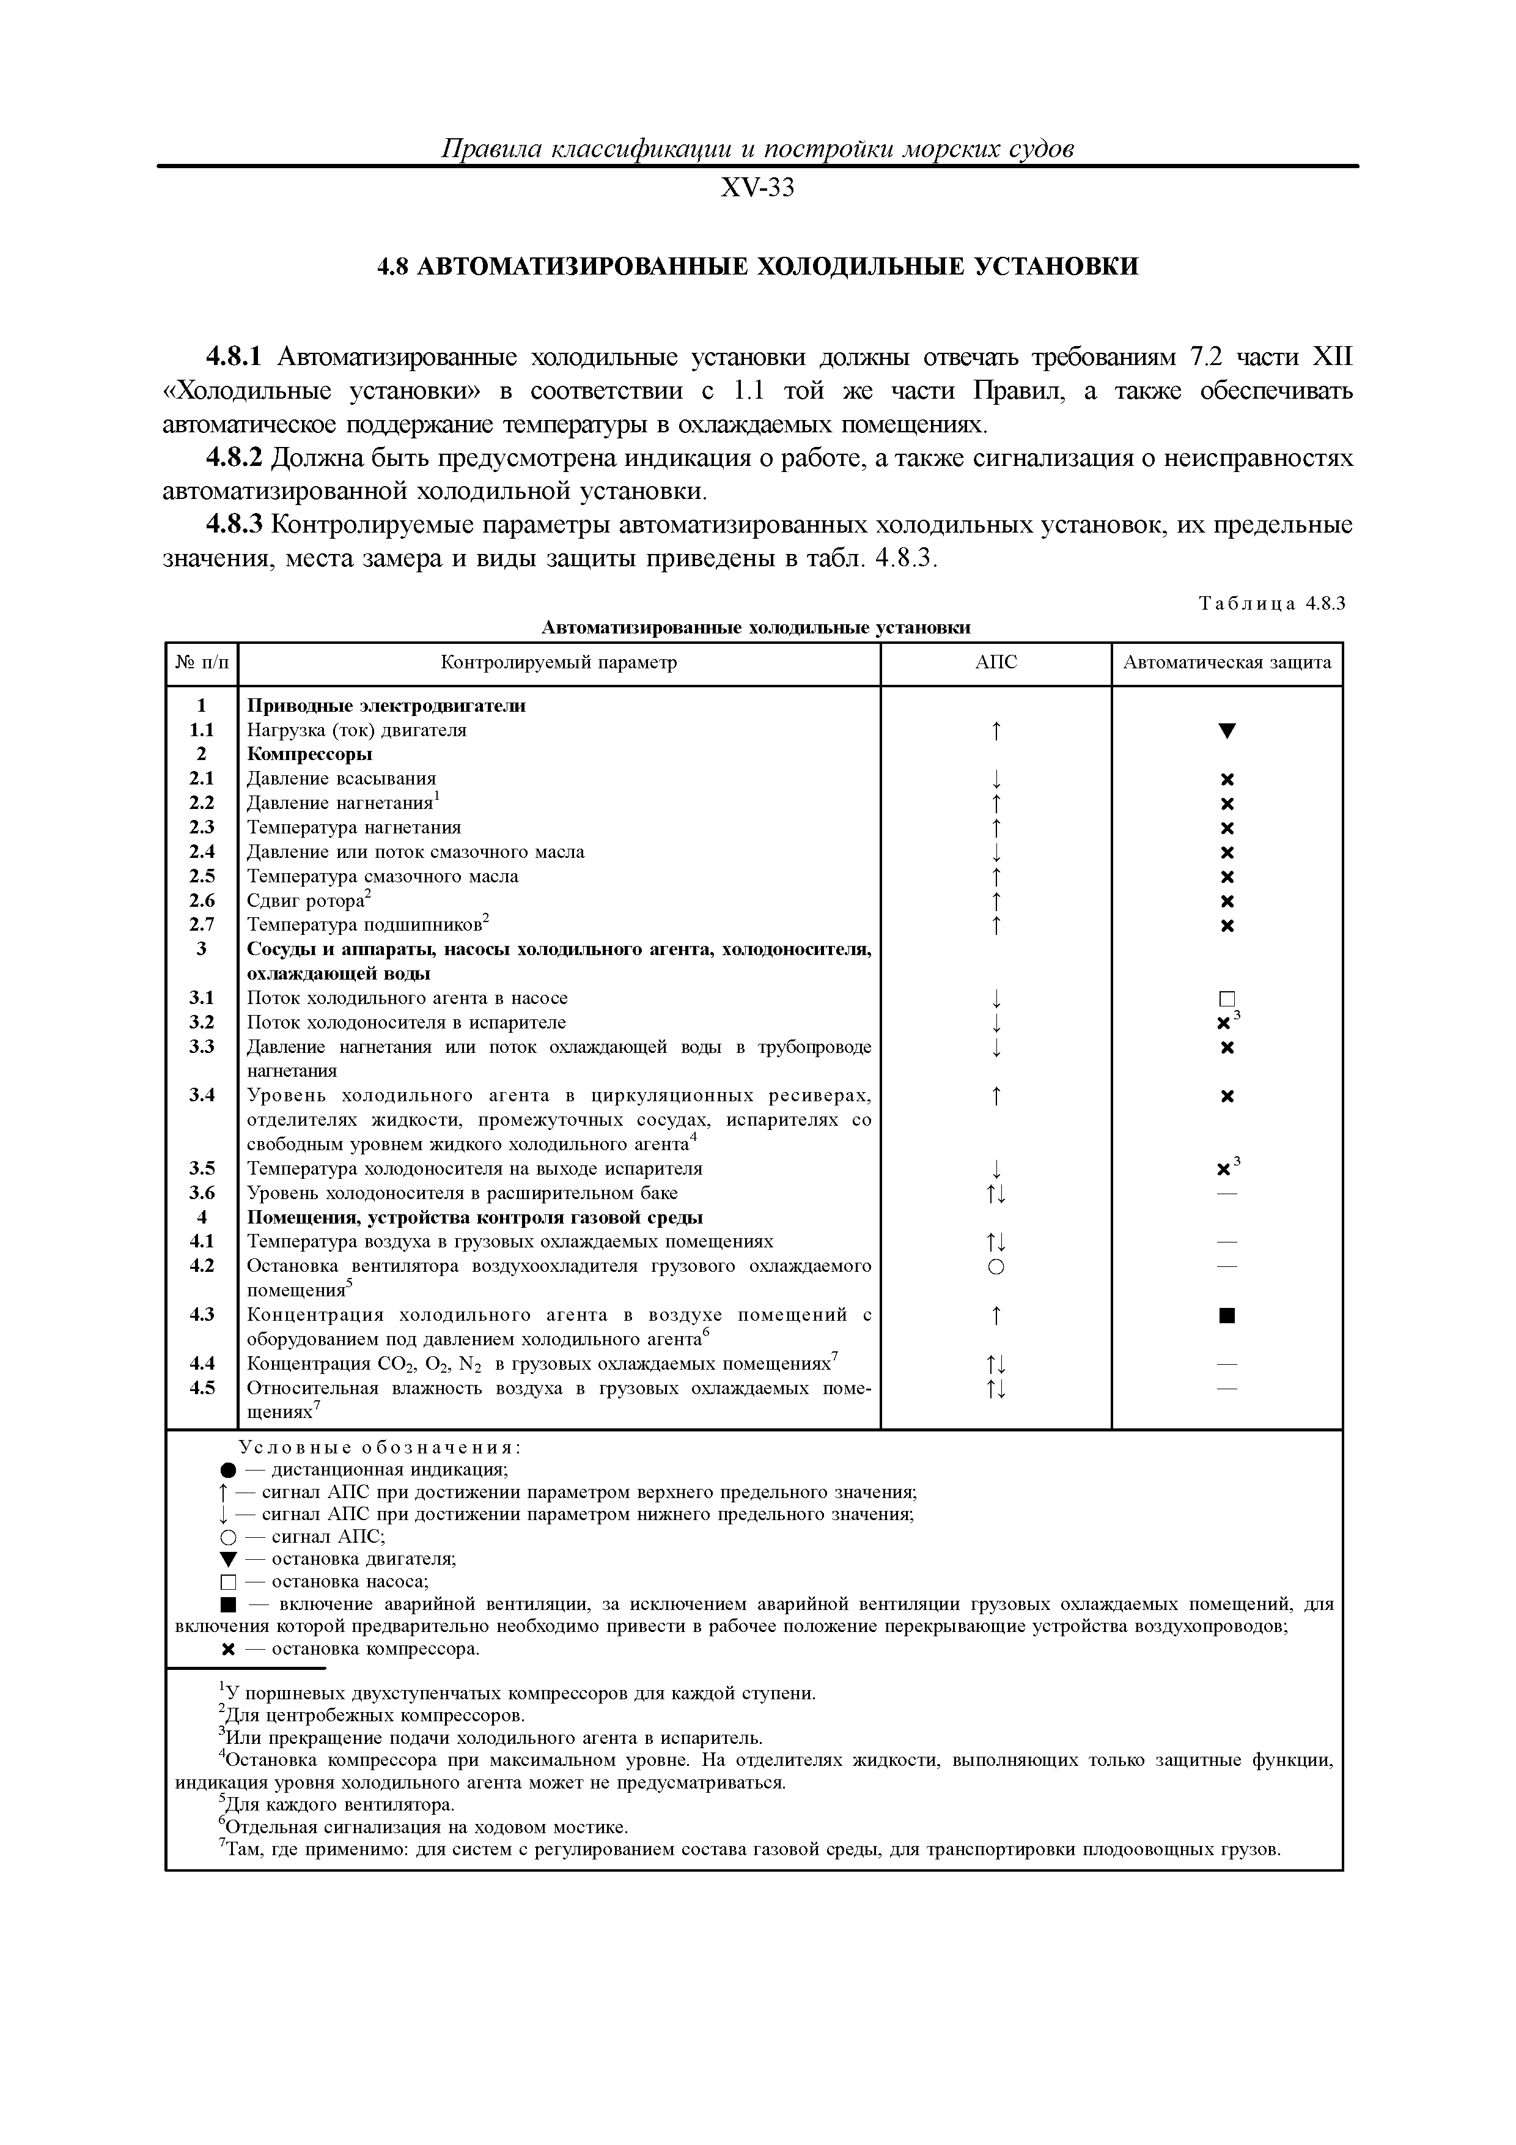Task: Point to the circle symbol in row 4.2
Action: (x=996, y=1267)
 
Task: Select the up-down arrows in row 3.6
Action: (x=996, y=1194)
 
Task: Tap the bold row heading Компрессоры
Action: (x=309, y=754)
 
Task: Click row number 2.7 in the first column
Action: (x=202, y=925)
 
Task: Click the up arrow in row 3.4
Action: (x=996, y=1096)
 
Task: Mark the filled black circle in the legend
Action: (x=227, y=1469)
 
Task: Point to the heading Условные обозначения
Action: (x=379, y=1447)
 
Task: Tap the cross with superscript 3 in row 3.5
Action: (x=1226, y=1168)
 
